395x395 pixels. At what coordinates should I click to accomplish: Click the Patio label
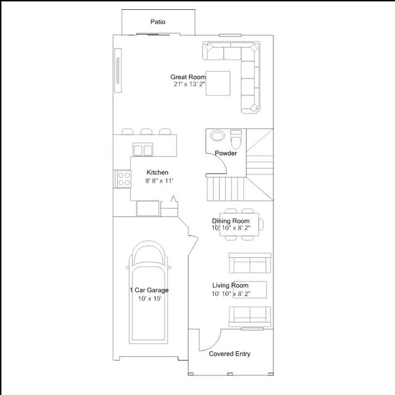(x=158, y=22)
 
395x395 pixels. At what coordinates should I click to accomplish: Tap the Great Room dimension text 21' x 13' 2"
(x=189, y=84)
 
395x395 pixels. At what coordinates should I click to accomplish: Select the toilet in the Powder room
(x=236, y=139)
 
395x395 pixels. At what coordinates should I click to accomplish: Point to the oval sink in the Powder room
(x=217, y=135)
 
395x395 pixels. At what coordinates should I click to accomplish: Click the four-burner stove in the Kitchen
(x=123, y=179)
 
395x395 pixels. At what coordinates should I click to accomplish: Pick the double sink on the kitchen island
(x=143, y=149)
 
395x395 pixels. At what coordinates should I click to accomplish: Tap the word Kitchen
(x=157, y=173)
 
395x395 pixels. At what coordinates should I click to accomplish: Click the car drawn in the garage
(x=149, y=292)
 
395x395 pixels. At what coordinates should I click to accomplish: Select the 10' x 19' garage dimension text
(x=149, y=299)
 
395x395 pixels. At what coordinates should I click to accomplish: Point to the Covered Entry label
(x=230, y=354)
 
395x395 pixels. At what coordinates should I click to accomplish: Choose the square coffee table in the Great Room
(x=218, y=83)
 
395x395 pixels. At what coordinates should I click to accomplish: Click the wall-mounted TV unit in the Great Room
(x=118, y=70)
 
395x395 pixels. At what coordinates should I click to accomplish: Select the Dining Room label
(x=231, y=221)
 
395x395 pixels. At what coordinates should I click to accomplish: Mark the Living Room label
(x=230, y=285)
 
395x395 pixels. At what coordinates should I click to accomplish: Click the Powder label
(x=226, y=153)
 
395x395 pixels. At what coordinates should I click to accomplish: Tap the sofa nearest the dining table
(x=250, y=263)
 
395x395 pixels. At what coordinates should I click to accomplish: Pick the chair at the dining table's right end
(x=261, y=225)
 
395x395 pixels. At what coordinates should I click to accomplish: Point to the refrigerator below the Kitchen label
(x=148, y=209)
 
